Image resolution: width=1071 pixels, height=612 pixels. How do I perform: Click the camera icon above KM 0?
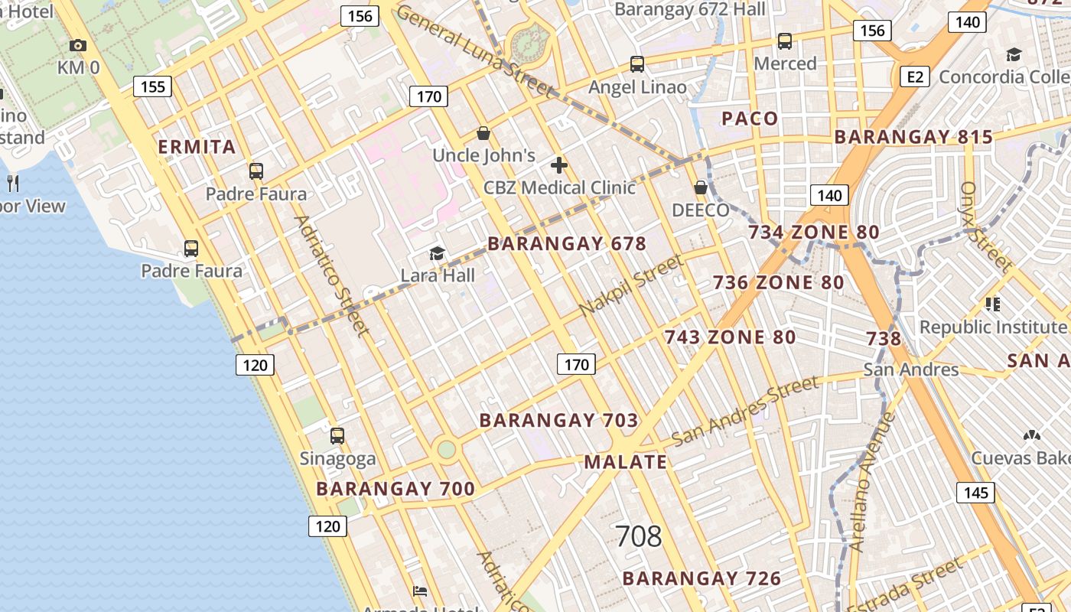point(78,45)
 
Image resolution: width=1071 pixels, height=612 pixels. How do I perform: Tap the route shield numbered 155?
point(152,86)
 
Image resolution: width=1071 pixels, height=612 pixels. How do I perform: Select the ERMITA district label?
point(197,147)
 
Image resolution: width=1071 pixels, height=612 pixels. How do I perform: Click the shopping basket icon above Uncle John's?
point(483,134)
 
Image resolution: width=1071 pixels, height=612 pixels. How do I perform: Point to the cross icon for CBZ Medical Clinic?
point(559,164)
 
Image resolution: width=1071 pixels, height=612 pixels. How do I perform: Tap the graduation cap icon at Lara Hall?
point(437,253)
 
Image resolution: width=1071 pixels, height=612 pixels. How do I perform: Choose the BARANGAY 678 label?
point(567,244)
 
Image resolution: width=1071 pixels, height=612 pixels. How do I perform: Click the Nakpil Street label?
point(631,285)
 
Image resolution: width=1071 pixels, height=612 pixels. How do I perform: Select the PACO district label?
point(750,119)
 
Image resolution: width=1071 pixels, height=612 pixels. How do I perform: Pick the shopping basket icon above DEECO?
point(700,187)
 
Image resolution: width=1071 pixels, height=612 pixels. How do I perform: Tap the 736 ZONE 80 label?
point(779,282)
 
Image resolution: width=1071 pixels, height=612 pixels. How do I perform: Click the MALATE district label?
point(626,461)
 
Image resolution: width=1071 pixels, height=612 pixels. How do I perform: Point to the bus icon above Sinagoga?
point(337,436)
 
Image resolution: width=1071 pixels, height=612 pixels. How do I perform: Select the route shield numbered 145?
point(976,493)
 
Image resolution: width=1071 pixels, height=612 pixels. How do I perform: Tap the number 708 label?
point(638,536)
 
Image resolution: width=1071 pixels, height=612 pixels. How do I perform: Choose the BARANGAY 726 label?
point(702,578)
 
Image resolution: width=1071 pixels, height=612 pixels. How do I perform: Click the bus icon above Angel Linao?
point(637,64)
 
